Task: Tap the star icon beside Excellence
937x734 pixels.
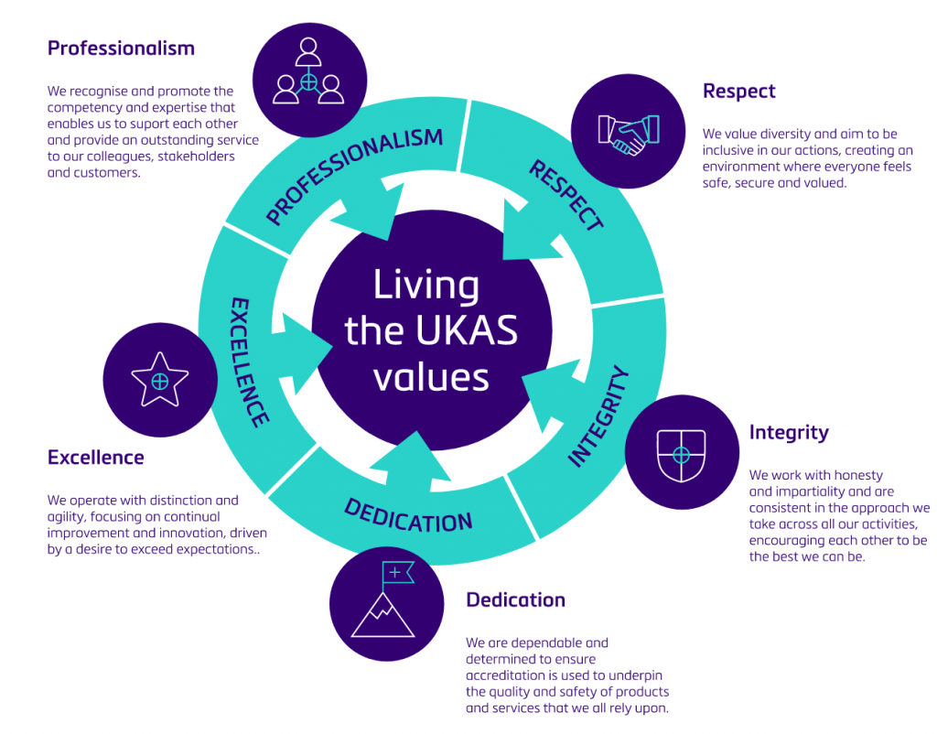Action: [159, 379]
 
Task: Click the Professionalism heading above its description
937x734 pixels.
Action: [121, 48]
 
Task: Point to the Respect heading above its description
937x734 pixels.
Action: [738, 91]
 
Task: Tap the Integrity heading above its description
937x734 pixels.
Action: [788, 432]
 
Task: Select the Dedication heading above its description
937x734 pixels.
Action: [515, 600]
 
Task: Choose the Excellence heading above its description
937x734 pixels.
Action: [95, 457]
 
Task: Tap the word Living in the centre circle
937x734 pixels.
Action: [425, 286]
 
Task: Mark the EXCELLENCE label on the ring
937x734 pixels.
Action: [248, 362]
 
